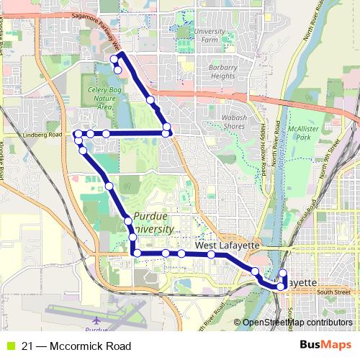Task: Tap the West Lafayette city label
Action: pos(227,246)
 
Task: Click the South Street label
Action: pos(333,292)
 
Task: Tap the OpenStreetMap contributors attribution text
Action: pos(297,323)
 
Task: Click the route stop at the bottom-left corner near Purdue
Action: pos(134,253)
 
